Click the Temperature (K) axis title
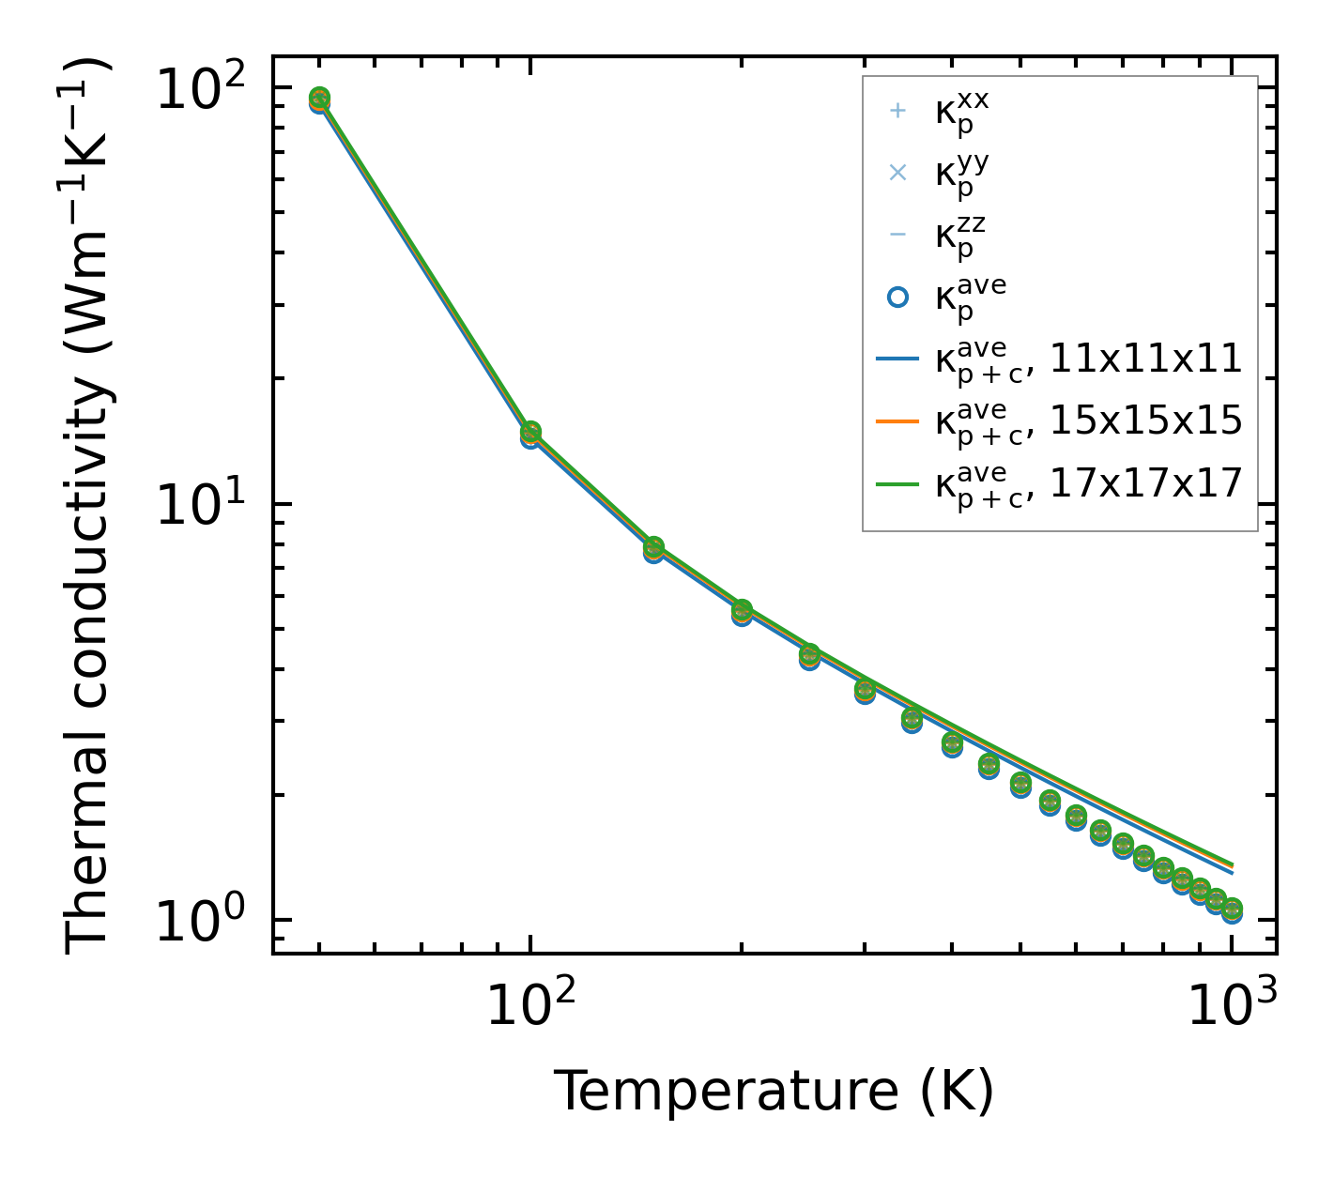point(774,1091)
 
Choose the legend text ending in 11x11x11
point(1089,359)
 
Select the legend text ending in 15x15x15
point(1089,422)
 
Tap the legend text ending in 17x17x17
point(1089,483)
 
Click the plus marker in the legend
point(897,111)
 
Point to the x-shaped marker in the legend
point(897,173)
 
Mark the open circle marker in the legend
point(897,297)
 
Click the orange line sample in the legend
point(897,421)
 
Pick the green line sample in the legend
point(897,483)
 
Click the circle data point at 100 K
point(530,434)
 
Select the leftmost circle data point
point(319,99)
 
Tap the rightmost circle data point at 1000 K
point(1232,910)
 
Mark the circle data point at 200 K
point(742,612)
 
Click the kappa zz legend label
point(960,235)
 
